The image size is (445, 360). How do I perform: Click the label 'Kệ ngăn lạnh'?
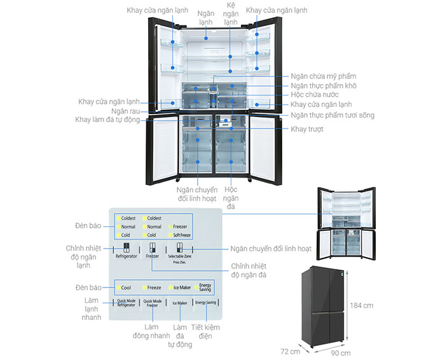[x=232, y=14]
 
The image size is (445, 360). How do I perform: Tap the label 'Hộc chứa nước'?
[x=315, y=94]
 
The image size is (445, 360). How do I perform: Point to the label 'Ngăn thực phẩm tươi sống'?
[x=332, y=115]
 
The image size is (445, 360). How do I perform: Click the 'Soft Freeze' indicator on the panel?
[x=181, y=235]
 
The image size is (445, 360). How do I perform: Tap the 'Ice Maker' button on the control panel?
[x=180, y=303]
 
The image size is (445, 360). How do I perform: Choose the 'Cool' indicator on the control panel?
[x=126, y=287]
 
